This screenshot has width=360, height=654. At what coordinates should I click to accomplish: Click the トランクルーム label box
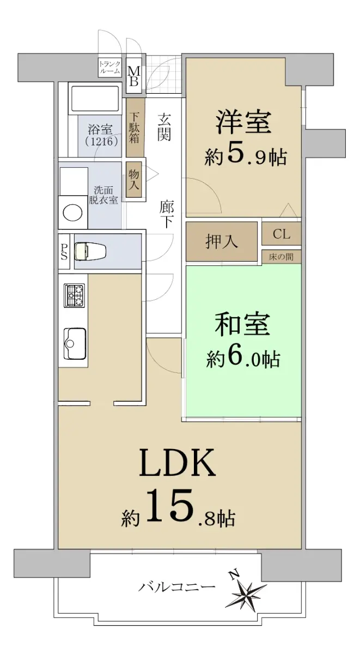(109, 67)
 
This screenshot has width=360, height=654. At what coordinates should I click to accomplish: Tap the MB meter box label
(134, 76)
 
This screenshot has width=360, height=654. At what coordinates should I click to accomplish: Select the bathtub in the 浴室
(95, 98)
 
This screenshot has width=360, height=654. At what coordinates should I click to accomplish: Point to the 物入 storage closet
(134, 179)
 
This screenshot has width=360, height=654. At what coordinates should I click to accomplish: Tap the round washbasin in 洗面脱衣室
(72, 213)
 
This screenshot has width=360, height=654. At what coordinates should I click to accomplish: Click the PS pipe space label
(64, 251)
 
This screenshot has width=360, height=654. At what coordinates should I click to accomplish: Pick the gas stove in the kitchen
(75, 295)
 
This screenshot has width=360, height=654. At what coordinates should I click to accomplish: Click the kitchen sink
(75, 343)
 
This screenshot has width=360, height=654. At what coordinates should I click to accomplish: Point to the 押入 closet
(222, 241)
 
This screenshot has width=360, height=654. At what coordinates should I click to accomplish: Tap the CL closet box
(282, 234)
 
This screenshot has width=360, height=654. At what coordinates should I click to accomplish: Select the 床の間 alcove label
(281, 257)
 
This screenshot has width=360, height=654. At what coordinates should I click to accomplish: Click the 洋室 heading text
(243, 122)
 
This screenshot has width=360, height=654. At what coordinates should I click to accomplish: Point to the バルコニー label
(176, 586)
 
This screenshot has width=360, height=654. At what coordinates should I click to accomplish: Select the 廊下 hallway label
(167, 214)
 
